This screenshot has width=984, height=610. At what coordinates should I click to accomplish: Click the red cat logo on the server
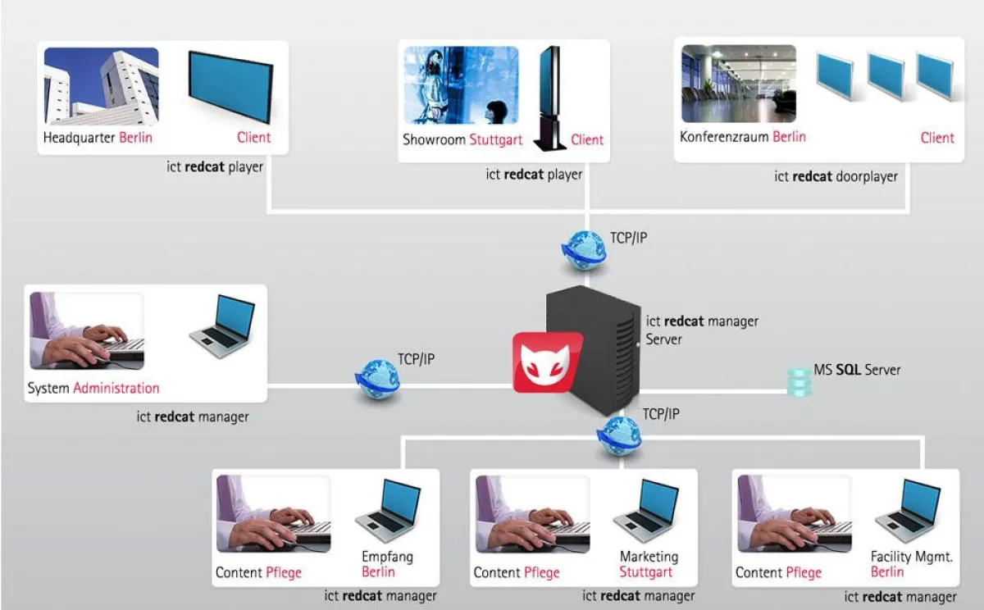tap(547, 362)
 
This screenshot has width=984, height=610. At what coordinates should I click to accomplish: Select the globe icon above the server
tap(584, 249)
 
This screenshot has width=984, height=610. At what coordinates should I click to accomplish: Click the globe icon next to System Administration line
tap(377, 380)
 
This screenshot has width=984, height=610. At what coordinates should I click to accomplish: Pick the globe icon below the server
tap(619, 435)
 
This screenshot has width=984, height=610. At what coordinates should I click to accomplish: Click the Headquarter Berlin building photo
tap(101, 85)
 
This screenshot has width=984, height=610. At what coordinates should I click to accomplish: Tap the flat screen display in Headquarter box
tap(230, 87)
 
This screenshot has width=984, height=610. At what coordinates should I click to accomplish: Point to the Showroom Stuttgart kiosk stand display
tap(549, 98)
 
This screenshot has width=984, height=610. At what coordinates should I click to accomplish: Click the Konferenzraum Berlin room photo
tap(738, 84)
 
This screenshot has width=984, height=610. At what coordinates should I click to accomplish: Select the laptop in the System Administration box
tap(222, 326)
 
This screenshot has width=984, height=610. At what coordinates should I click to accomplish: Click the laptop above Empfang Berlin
tap(389, 511)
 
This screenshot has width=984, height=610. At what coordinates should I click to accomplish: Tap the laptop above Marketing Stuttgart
tap(647, 511)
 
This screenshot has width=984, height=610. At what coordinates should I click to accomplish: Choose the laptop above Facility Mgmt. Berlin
tap(908, 511)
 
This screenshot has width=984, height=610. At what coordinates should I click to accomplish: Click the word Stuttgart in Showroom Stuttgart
tap(495, 140)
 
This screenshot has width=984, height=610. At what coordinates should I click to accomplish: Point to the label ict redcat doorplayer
tap(836, 176)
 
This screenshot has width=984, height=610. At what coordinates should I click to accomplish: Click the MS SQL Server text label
tap(857, 371)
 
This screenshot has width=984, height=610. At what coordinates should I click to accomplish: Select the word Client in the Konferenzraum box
tap(936, 138)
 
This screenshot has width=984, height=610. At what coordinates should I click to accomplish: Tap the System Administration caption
tap(93, 388)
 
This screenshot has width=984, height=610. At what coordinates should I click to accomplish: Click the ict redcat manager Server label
tap(702, 330)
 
